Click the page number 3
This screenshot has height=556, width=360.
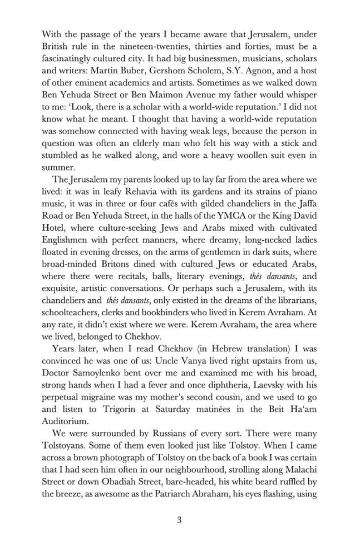[179, 520]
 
